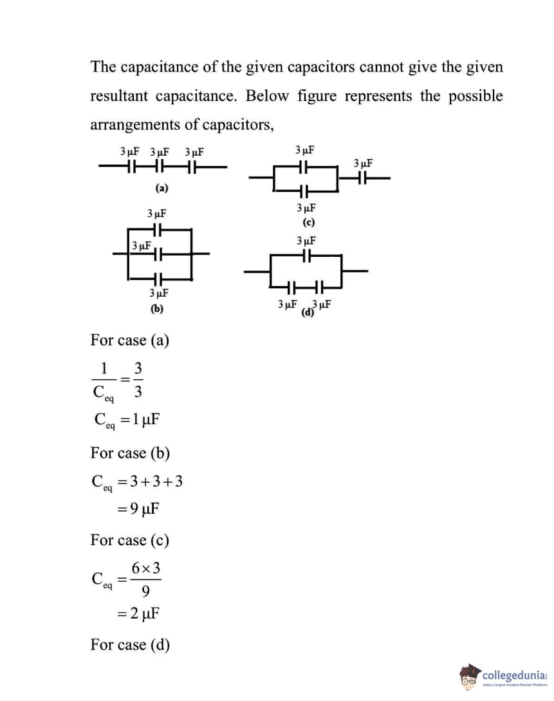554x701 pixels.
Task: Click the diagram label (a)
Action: (x=161, y=189)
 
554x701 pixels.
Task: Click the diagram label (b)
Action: (x=157, y=308)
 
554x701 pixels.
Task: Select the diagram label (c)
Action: (x=308, y=223)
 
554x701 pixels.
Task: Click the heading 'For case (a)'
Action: (x=130, y=340)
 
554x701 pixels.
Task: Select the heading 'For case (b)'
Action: (x=130, y=453)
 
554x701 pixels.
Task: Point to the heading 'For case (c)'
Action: (x=130, y=540)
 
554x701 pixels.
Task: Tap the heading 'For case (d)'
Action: (x=130, y=644)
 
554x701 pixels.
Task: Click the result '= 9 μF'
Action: (x=137, y=509)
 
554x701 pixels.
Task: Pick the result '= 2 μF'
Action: (x=137, y=613)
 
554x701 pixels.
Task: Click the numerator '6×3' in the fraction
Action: (x=146, y=568)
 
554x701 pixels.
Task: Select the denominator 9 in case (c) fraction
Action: (x=146, y=590)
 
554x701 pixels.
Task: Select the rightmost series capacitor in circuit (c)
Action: (x=363, y=178)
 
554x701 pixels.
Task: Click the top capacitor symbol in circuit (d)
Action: (x=307, y=256)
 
